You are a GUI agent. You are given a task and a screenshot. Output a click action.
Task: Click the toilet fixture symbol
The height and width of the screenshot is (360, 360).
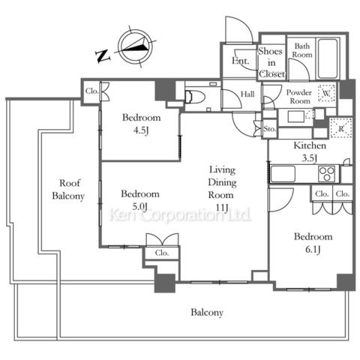[194, 97]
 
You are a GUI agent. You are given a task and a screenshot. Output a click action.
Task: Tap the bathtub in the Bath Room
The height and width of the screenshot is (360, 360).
[328, 58]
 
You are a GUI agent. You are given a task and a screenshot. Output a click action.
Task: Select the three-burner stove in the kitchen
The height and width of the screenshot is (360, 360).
[327, 173]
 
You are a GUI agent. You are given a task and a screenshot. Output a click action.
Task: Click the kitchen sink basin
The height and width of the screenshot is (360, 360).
[283, 173]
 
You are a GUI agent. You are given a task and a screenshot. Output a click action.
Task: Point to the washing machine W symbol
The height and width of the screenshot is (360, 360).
[326, 93]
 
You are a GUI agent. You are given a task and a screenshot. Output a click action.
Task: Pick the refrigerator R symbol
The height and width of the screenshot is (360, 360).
[341, 128]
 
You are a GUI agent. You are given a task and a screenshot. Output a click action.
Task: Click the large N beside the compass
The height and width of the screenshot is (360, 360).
[103, 55]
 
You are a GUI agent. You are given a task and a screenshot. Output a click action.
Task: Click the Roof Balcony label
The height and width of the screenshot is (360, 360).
[68, 190]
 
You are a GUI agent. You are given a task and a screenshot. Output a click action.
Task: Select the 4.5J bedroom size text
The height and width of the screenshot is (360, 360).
[141, 130]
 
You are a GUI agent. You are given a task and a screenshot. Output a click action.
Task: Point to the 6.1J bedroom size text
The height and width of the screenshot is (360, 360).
[313, 249]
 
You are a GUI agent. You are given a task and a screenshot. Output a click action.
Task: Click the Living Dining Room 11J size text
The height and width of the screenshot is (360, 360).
[222, 207]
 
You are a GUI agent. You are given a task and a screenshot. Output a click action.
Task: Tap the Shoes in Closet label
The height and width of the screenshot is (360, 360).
[271, 62]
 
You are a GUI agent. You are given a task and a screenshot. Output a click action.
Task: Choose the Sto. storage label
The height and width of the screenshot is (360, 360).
[270, 129]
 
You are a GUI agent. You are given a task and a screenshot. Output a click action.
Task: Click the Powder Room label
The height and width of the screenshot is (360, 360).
[299, 97]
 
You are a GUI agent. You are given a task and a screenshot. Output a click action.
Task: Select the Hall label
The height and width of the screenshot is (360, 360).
[247, 94]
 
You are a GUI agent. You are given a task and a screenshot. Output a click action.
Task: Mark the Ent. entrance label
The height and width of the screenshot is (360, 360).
[241, 61]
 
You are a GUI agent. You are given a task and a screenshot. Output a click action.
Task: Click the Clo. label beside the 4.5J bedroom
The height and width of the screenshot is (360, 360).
[91, 91]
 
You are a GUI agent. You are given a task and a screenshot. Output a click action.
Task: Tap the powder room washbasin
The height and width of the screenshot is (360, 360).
[296, 116]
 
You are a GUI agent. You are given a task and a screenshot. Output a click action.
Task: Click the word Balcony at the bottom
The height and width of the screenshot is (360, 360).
[207, 313]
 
